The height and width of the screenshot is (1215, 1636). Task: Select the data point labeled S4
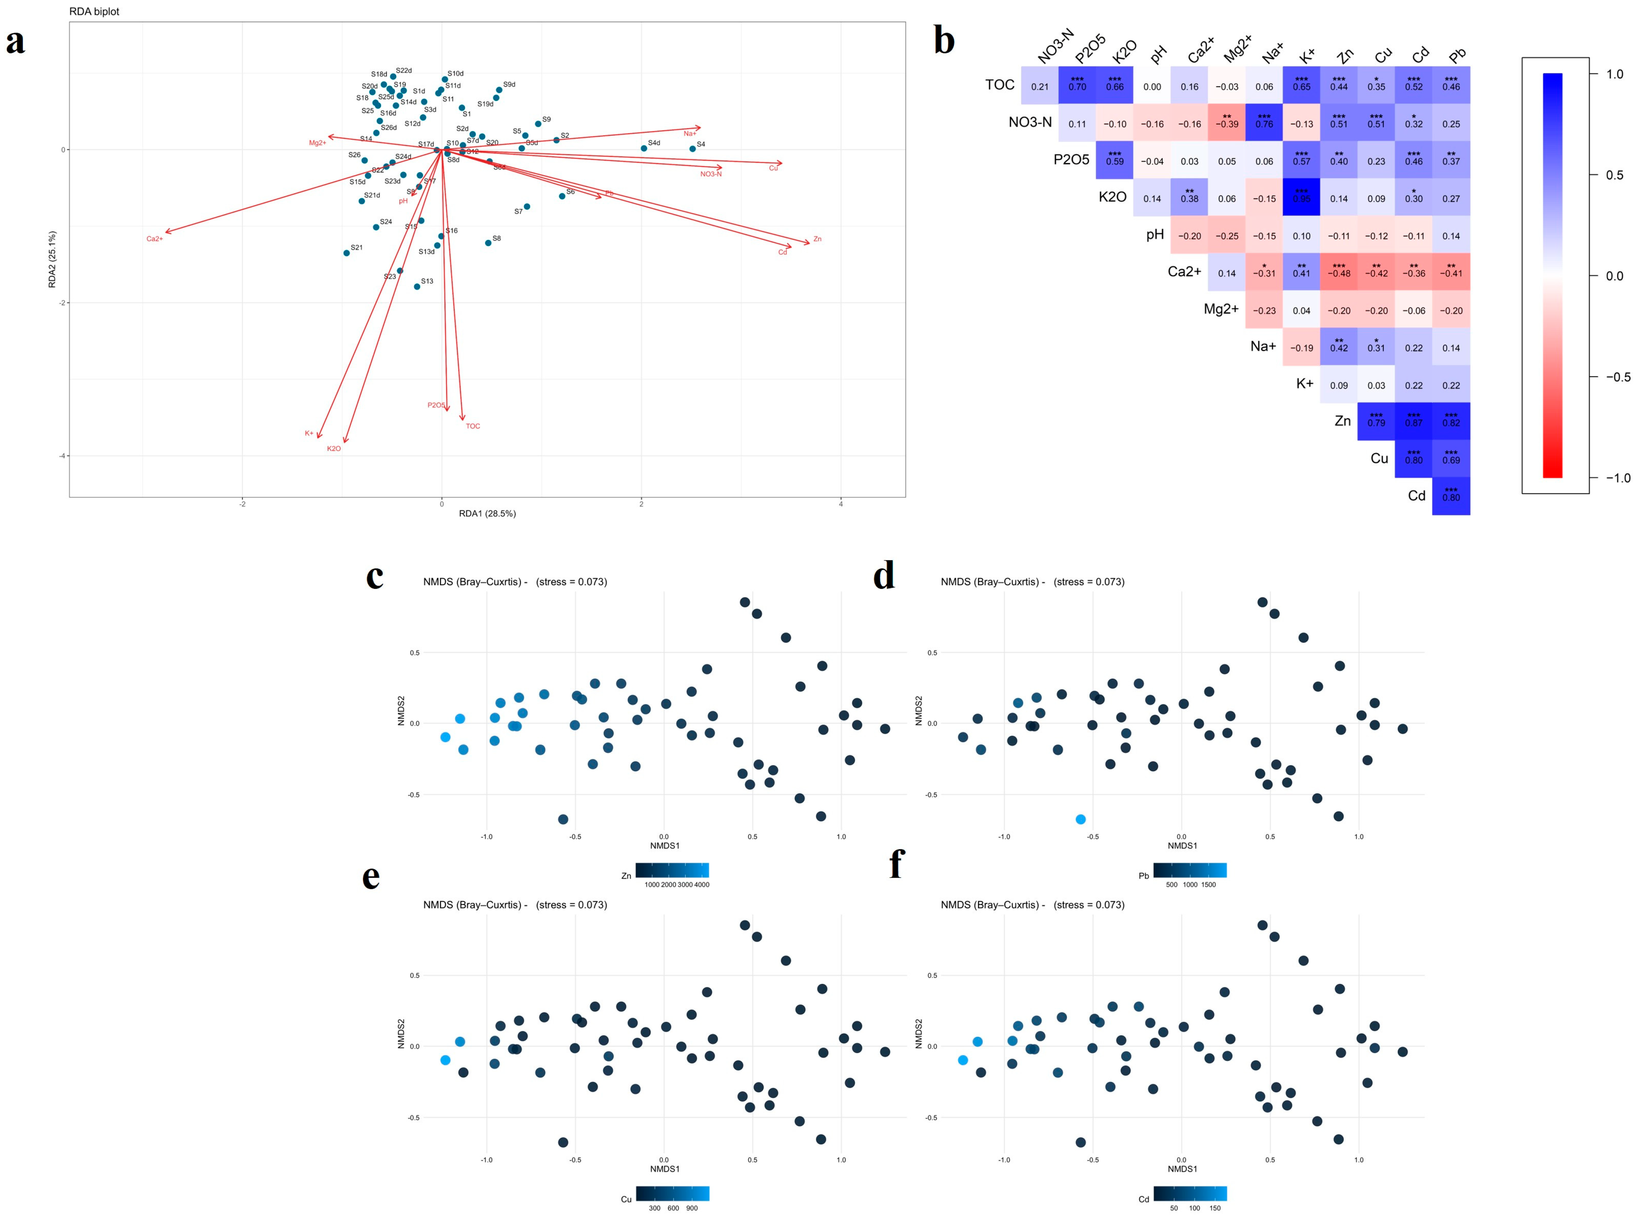[692, 148]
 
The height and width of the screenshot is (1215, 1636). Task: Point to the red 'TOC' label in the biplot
[473, 426]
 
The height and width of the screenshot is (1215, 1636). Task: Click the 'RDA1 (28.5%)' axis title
[487, 513]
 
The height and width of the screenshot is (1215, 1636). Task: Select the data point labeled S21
[346, 253]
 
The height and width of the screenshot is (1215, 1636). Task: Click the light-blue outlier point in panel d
[1080, 819]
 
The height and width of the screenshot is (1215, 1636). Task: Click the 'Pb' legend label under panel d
[1143, 876]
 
